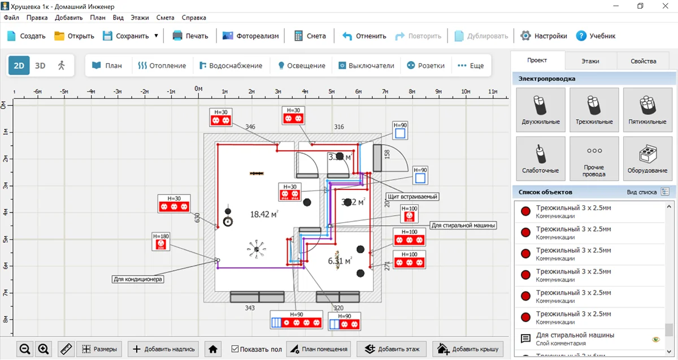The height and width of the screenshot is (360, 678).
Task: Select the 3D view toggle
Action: click(40, 66)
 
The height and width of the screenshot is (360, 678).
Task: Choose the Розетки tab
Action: click(426, 66)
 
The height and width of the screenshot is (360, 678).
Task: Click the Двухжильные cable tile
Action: click(541, 111)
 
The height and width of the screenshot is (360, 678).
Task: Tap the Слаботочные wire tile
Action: click(541, 159)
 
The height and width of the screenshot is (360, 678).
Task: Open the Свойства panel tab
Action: click(643, 61)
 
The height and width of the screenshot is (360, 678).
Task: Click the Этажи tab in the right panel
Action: click(590, 61)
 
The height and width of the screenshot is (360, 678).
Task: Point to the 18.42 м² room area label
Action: click(264, 214)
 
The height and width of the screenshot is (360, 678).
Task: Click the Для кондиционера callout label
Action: click(138, 279)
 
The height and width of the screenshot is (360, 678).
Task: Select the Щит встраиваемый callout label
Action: click(412, 197)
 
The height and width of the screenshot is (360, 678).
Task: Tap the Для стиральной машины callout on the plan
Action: click(463, 225)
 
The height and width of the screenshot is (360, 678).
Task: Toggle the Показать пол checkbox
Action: click(236, 349)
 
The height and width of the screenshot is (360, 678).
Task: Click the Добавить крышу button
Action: click(468, 349)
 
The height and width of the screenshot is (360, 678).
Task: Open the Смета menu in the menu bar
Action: click(165, 18)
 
